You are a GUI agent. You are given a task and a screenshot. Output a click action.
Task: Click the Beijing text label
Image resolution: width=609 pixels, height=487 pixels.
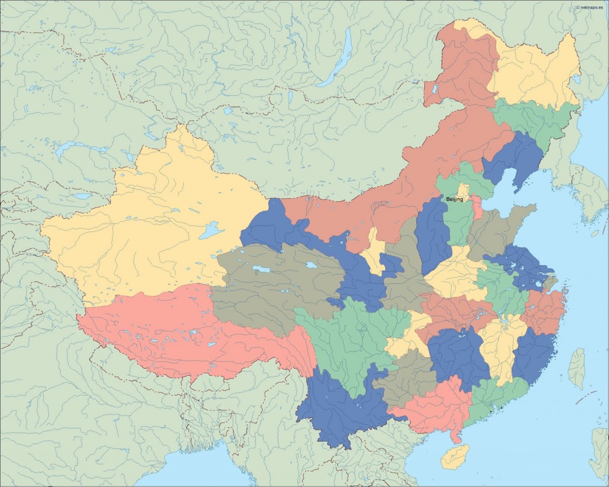pos(454,200)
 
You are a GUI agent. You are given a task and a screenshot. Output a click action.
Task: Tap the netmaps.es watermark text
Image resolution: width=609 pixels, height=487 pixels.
pos(590,7)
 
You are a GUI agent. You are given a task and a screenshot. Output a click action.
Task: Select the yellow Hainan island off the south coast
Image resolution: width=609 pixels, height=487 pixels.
pos(455,457)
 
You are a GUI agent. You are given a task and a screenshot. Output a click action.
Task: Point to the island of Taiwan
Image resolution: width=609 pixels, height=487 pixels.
pos(576,369)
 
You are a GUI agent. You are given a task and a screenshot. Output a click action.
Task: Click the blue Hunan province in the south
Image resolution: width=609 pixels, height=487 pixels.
pos(457,357)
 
